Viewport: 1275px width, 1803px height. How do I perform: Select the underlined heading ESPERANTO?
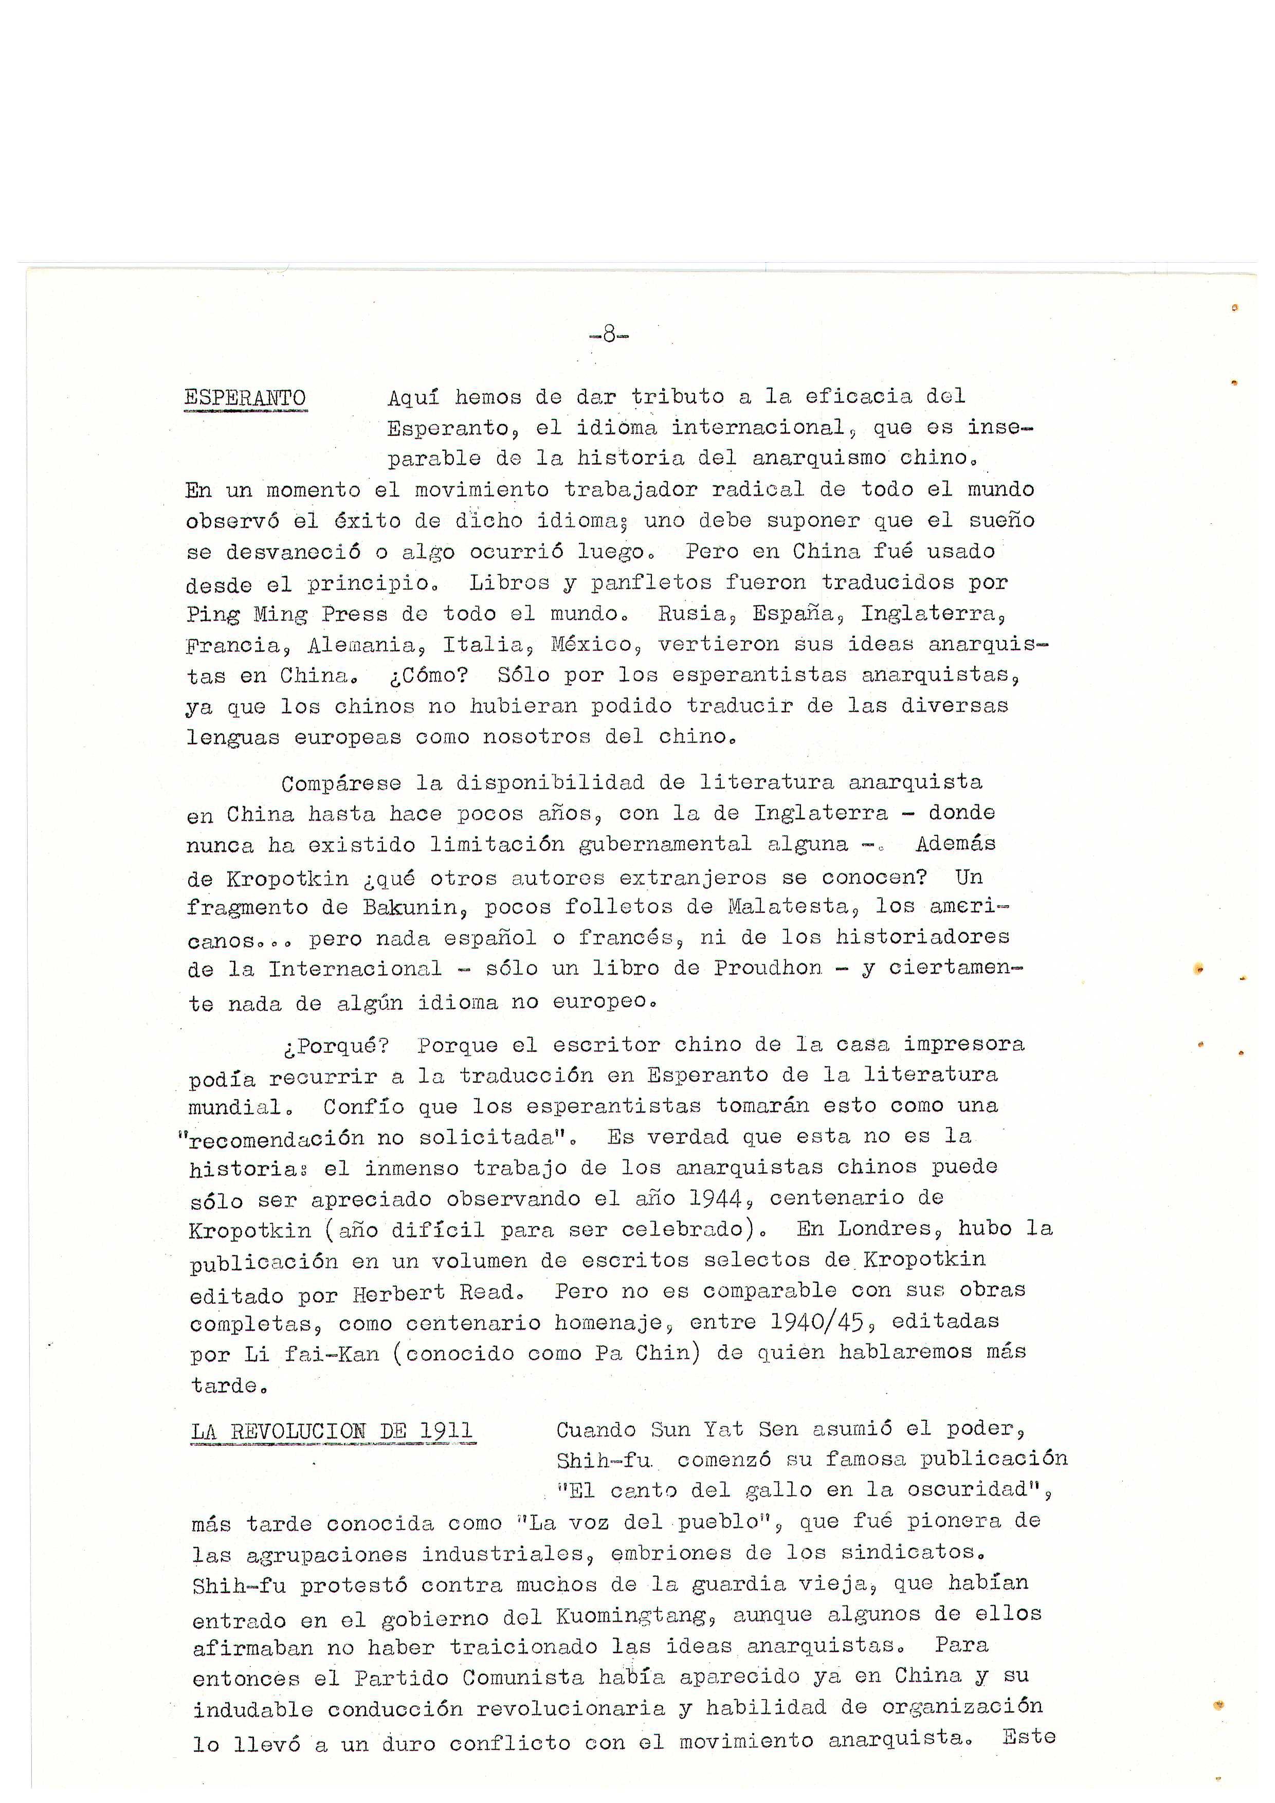click(245, 397)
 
